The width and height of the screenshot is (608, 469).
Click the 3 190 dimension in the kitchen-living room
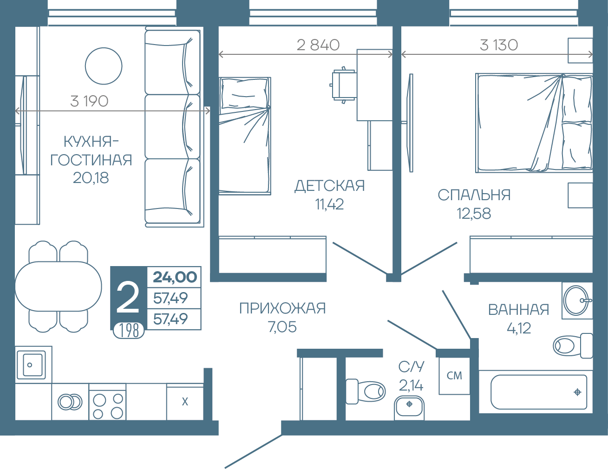coord(89,101)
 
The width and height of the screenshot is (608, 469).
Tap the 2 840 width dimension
coord(318,45)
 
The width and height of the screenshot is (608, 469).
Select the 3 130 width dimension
coord(499,45)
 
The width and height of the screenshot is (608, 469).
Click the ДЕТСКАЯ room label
coord(330,186)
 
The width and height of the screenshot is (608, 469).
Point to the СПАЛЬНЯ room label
coord(474,195)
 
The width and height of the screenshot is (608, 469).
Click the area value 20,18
coord(91,177)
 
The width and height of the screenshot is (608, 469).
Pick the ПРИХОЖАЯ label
coord(282,308)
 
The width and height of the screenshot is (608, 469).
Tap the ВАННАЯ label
coord(518,310)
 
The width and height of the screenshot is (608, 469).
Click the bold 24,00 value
coord(175,277)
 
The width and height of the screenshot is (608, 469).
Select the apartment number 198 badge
coord(129,331)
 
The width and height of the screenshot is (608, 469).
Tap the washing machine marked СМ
coord(454,376)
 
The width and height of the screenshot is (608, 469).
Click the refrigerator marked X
coord(185,402)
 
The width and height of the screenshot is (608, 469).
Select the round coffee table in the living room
coord(104,66)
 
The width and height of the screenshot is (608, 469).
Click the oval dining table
coord(58,287)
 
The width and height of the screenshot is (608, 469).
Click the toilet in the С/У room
coord(366,391)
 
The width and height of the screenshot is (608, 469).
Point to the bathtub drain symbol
coord(577,392)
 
